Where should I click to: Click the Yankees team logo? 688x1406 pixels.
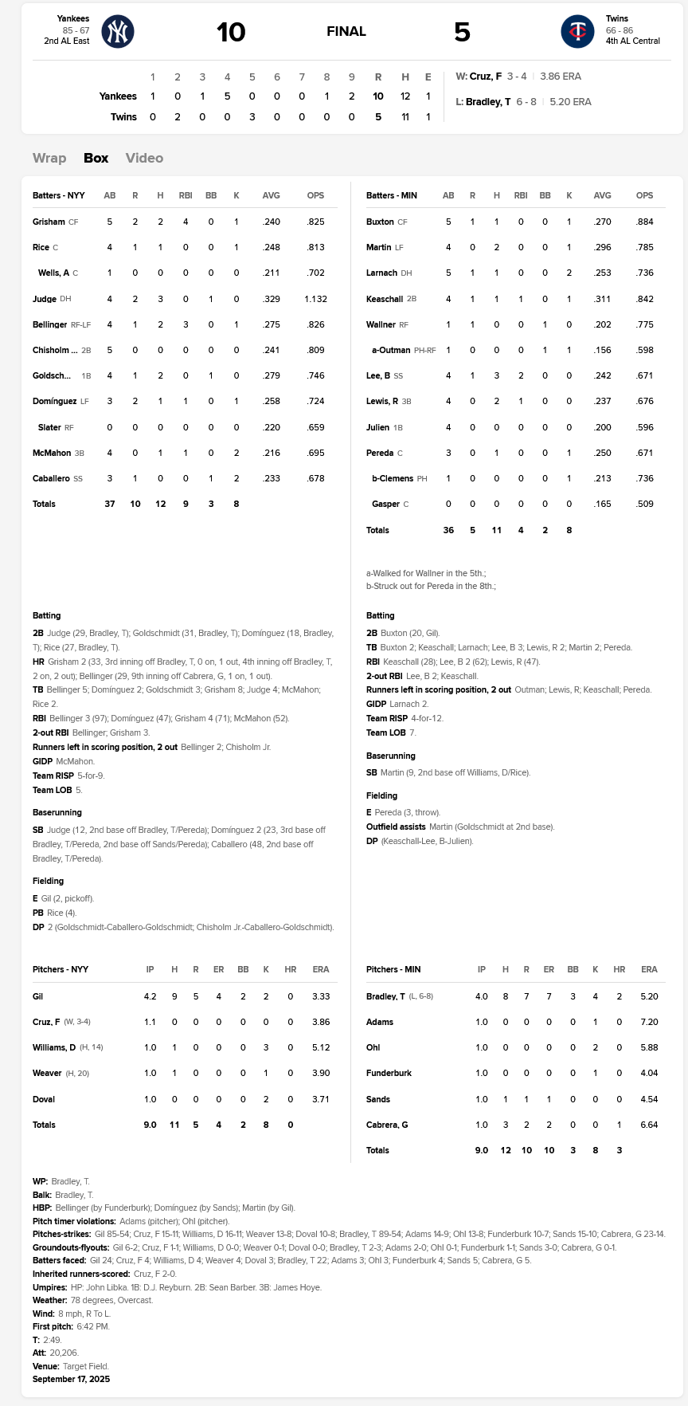point(118,32)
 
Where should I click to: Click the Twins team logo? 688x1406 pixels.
point(577,32)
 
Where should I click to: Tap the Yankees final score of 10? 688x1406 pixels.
point(231,32)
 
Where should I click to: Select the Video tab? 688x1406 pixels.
point(144,158)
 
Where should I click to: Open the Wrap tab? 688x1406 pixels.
point(49,158)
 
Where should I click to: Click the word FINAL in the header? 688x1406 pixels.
point(346,32)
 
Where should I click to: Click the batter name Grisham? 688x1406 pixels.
point(49,222)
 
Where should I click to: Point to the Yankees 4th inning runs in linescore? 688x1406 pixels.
point(227,96)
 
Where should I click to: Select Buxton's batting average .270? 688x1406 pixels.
point(603,222)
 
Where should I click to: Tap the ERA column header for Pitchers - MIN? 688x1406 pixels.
point(649,969)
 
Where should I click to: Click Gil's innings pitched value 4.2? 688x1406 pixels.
point(150,996)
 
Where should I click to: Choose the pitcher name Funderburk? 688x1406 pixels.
point(389,1074)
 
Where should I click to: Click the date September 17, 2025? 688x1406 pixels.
point(71,1379)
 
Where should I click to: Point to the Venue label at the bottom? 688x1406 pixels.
point(45,1366)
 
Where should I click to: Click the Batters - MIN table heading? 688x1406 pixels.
point(391,195)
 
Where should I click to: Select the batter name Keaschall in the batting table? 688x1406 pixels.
point(385,299)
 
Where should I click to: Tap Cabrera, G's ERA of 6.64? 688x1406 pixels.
point(649,1125)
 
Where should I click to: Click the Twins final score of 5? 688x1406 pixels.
point(462,32)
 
